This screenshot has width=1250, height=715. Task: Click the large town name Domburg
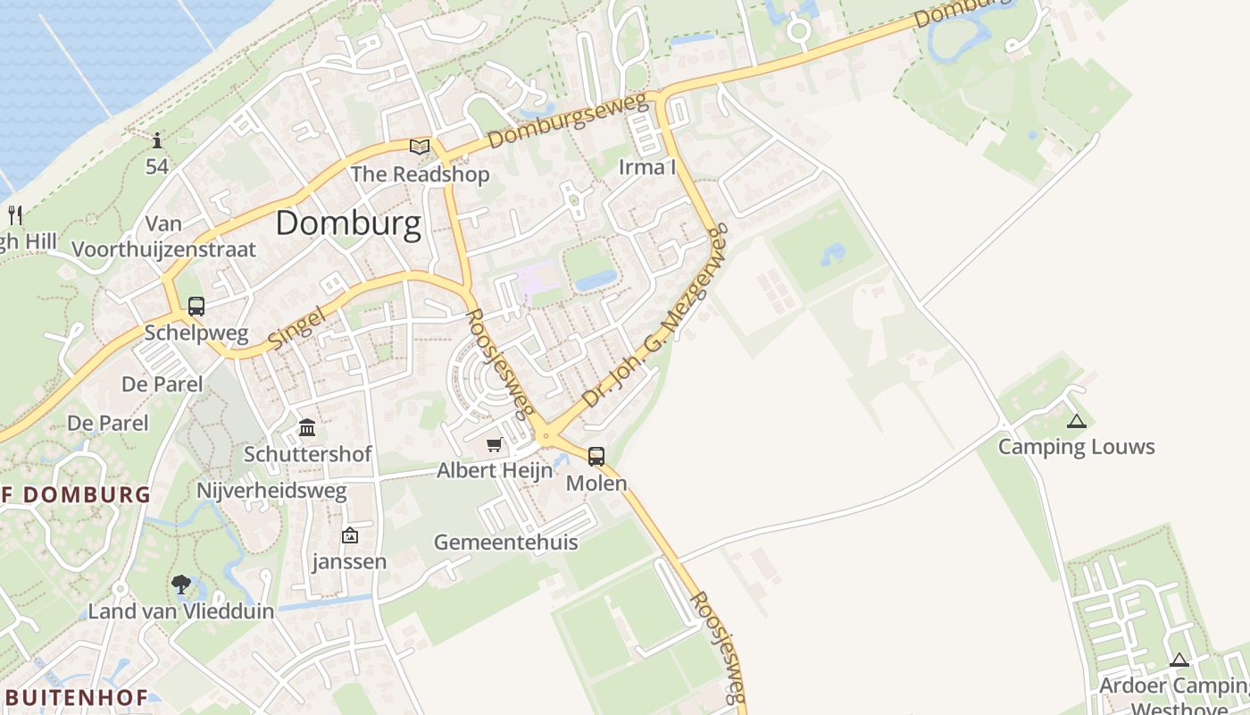tap(348, 223)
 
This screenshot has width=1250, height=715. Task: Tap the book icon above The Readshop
tap(420, 147)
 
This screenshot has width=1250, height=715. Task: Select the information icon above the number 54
tap(157, 140)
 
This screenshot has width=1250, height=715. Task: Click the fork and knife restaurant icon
tap(14, 214)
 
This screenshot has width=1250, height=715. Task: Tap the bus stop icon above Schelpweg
tap(196, 307)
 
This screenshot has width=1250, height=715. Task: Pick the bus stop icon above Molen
tap(596, 457)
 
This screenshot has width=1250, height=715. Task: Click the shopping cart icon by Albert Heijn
tap(494, 444)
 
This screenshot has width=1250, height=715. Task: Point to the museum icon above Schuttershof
tap(307, 427)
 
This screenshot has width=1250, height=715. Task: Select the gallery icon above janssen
tap(350, 535)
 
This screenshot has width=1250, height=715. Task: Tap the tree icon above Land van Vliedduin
tap(181, 585)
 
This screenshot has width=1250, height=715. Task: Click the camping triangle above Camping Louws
tap(1077, 421)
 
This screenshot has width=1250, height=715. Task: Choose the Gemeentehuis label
tap(505, 543)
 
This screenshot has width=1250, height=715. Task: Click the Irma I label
tap(647, 167)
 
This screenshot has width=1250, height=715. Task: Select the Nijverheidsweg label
tap(271, 492)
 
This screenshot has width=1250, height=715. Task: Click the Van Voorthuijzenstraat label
tap(163, 237)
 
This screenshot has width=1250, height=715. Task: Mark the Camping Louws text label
tap(1076, 447)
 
